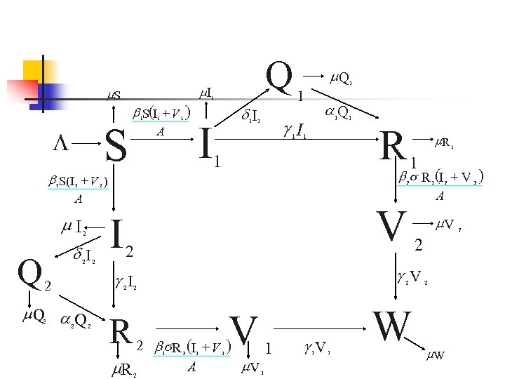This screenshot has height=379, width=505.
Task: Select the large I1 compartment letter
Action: pyautogui.click(x=205, y=140)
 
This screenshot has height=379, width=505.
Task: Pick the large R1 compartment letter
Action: pyautogui.click(x=394, y=145)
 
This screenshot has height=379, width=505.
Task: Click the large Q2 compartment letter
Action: pyautogui.click(x=29, y=270)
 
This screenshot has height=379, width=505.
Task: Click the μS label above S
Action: pyautogui.click(x=112, y=95)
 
